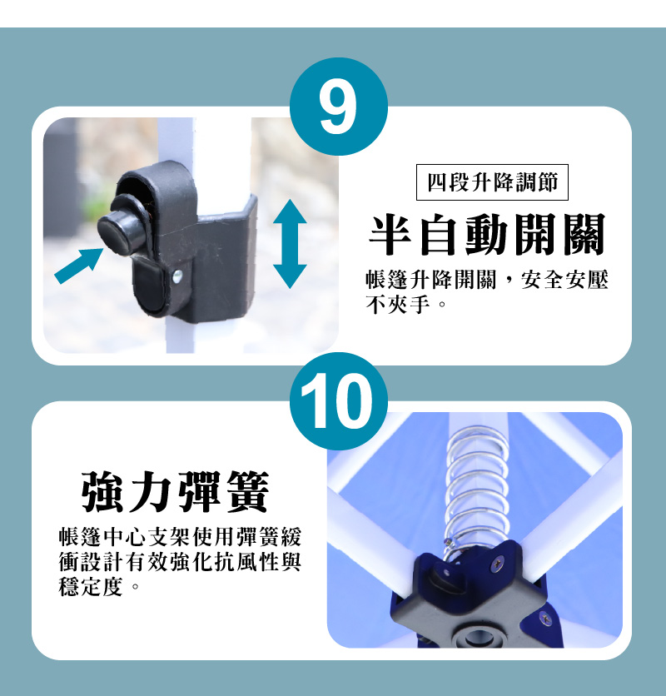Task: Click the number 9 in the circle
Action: [338, 107]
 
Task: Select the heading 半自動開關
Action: [487, 235]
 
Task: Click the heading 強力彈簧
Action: [176, 493]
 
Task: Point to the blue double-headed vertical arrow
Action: [290, 244]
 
